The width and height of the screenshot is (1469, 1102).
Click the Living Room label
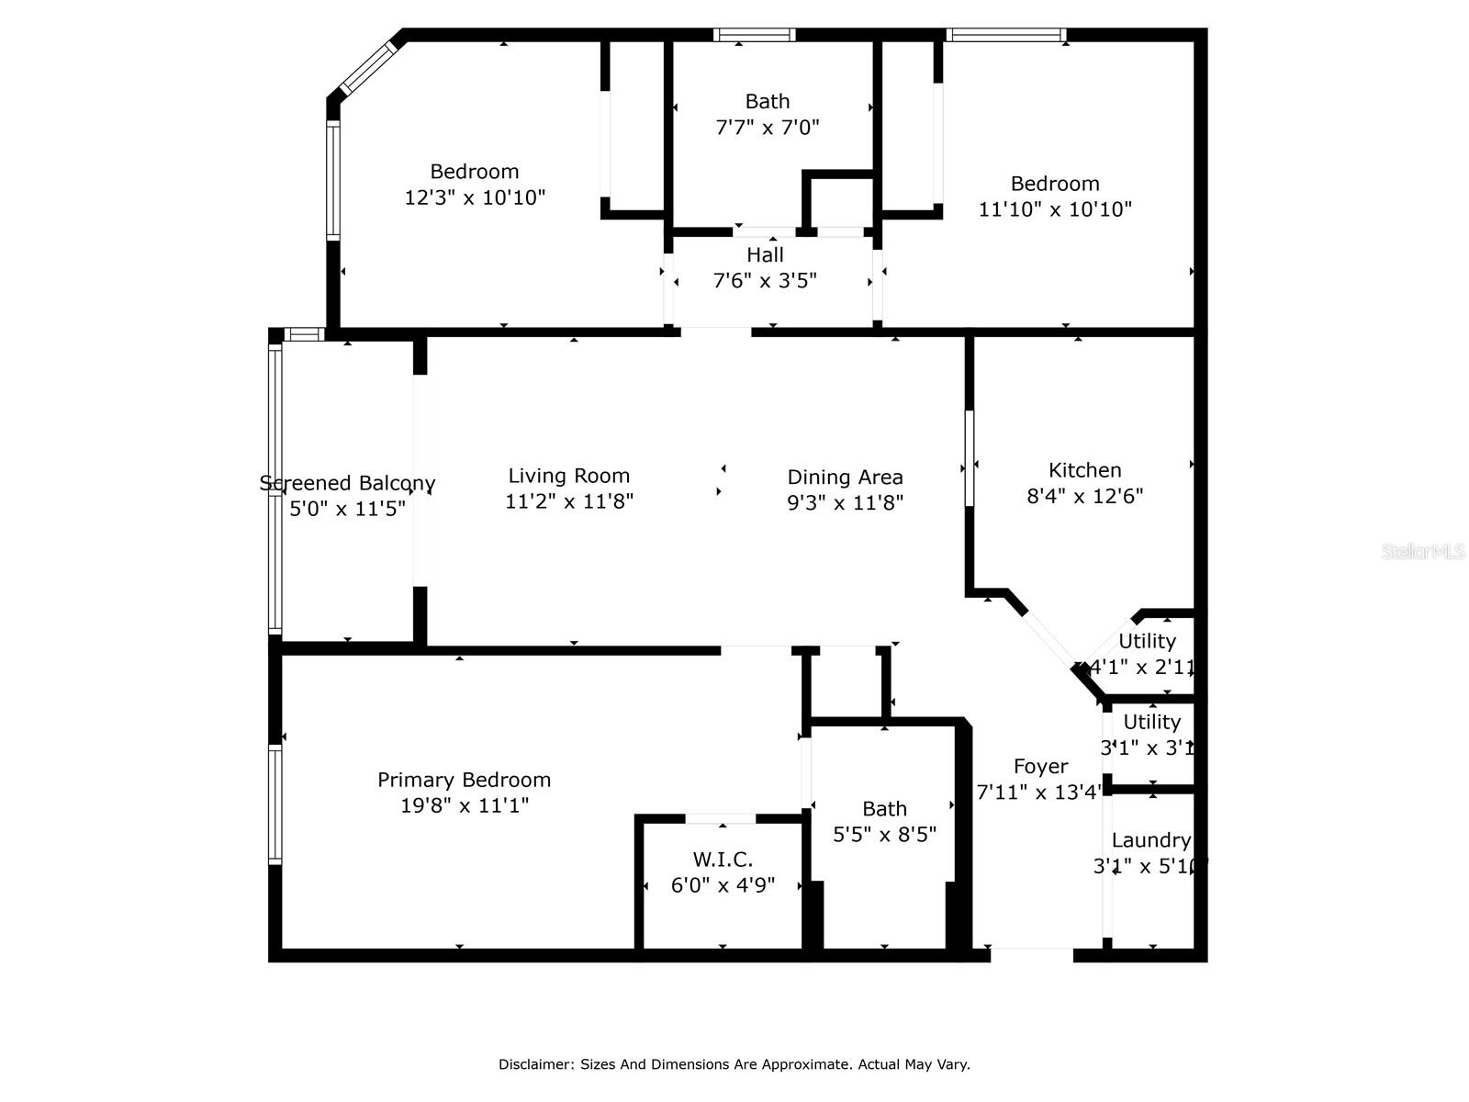[x=569, y=476]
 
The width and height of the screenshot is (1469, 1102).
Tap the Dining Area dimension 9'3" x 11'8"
[x=845, y=502]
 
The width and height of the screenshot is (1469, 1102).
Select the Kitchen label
[x=1084, y=470]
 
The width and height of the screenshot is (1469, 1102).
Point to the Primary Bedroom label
[x=464, y=780]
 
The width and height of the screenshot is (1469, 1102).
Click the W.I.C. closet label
[x=723, y=860]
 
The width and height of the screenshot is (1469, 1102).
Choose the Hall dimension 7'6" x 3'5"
[x=765, y=280]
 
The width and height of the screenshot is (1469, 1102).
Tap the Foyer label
[x=1040, y=766]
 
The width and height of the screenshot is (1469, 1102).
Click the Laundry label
[x=1150, y=840]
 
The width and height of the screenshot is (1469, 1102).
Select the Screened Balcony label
[x=347, y=483]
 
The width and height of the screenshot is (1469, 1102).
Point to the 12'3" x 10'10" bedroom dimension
[x=475, y=197]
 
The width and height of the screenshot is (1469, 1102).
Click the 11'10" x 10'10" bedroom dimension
[x=1055, y=209]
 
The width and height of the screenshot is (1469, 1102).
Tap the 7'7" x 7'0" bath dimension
[x=767, y=127]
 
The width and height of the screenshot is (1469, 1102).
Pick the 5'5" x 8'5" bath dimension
[x=884, y=835]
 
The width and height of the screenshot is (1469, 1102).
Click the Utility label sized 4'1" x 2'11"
[x=1147, y=641]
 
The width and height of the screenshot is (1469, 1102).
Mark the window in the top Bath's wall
[x=754, y=35]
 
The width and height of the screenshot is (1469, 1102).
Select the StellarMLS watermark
[x=1422, y=551]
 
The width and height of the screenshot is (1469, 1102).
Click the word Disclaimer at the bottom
[x=535, y=1064]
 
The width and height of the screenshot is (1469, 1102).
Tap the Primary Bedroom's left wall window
[x=275, y=804]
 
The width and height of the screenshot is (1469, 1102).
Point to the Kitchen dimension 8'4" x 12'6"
[x=1084, y=496]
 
